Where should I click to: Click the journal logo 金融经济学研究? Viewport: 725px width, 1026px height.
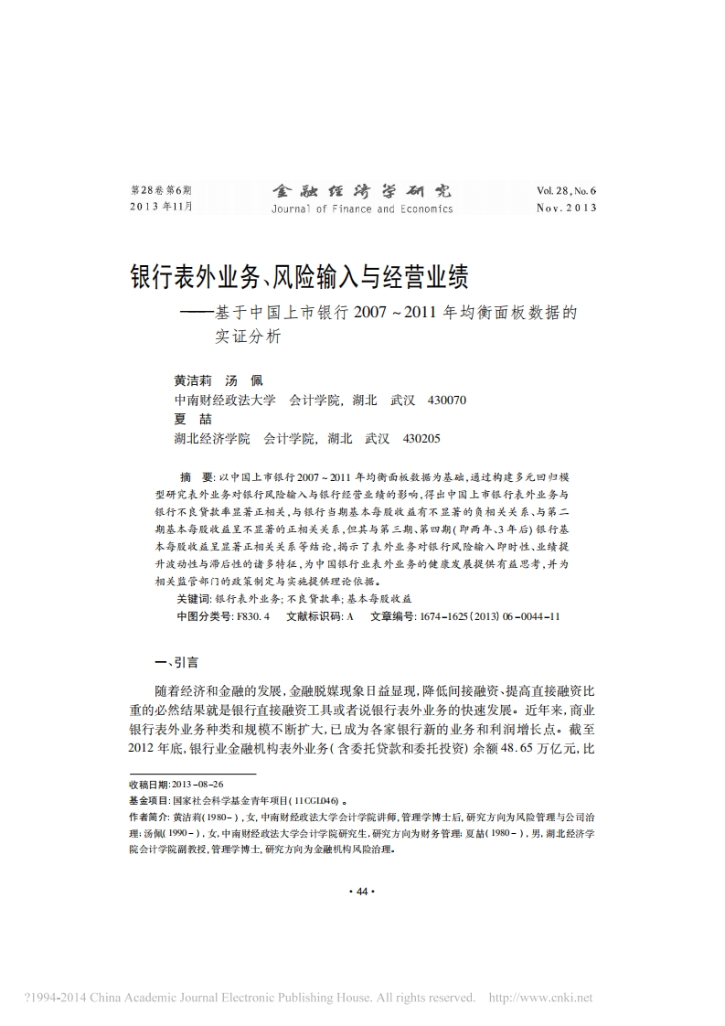tap(361, 191)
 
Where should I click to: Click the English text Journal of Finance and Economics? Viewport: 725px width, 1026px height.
tap(361, 208)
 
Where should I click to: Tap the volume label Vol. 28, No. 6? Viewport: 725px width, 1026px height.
tap(566, 191)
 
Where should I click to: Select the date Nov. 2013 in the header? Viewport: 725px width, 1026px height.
tap(566, 208)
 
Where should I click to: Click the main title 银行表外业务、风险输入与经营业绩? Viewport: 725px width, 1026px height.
tap(304, 275)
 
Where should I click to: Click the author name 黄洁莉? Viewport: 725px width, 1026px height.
tap(192, 379)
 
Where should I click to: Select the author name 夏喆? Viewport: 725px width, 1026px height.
tap(187, 419)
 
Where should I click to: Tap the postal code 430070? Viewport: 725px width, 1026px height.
tap(447, 400)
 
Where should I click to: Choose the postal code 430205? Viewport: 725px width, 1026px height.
tap(421, 438)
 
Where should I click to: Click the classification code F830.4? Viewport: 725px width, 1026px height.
tap(253, 616)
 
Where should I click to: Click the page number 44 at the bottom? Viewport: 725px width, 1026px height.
tap(362, 892)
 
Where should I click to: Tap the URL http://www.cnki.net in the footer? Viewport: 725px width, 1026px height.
tap(541, 998)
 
